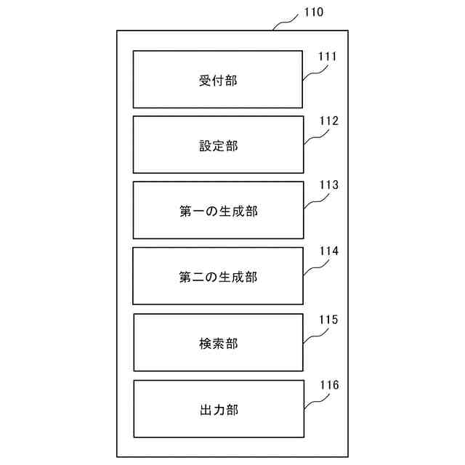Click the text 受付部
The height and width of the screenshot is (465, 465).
tap(218, 80)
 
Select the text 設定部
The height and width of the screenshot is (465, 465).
tap(218, 145)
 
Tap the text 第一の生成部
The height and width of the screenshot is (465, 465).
tap(218, 211)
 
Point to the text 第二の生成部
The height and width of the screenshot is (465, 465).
tap(218, 277)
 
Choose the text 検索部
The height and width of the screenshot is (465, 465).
tap(218, 343)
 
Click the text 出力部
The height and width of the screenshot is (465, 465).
tap(218, 409)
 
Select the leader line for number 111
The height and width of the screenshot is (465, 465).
tap(315, 70)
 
